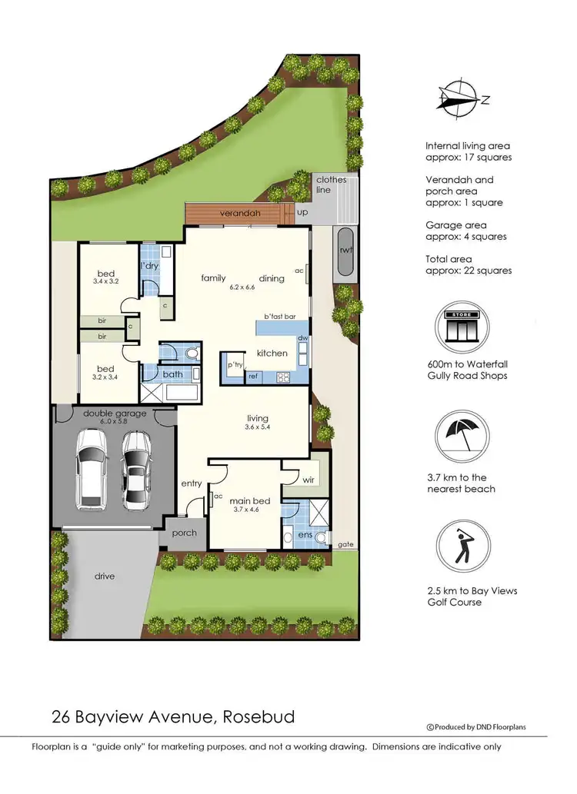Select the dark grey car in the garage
point(136,470)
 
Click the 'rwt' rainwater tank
point(343,250)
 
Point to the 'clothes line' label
point(331,184)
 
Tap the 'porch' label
point(184,533)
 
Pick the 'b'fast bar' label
point(279,316)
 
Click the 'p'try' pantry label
point(234,365)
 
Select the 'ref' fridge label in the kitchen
point(252,377)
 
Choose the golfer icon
point(462,546)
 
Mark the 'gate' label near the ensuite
point(346,544)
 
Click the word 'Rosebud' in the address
point(258,717)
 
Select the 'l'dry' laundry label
point(149,266)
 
